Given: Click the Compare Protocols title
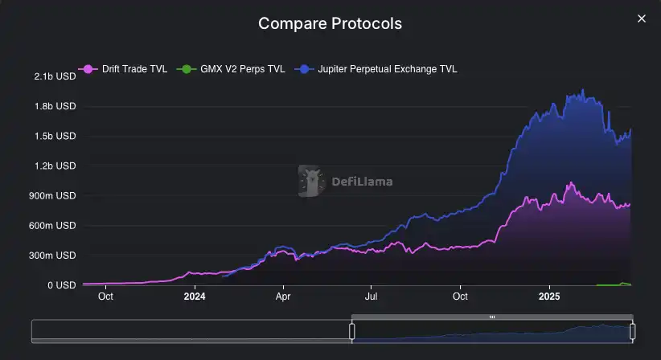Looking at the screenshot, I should pos(330,23).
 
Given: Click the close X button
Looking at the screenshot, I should pos(641,18).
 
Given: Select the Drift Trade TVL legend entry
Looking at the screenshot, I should pos(126,69).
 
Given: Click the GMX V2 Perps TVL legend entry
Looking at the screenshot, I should pos(234,69).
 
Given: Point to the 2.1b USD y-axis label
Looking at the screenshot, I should pos(55,76).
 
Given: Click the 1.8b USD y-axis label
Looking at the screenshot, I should pos(55,106).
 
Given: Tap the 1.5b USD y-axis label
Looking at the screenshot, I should pos(55,136).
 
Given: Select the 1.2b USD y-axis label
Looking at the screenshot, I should pos(55,166).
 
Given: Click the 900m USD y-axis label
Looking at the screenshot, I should pos(53,195).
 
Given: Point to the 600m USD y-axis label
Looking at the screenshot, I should pos(53,226).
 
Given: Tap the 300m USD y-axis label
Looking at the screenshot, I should pos(53,256).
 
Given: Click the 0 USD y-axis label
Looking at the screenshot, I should pos(61,285).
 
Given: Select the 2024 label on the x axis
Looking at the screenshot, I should pos(194,296).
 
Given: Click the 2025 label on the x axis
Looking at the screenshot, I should pos(549,296).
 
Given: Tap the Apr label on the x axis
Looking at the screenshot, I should pos(283,296).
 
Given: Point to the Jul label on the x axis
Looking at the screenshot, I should pos(371,296).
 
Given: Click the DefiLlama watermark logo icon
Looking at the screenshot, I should pos(310,181).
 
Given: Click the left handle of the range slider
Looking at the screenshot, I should pos(351,331).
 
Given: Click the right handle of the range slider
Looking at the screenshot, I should pos(633,331).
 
